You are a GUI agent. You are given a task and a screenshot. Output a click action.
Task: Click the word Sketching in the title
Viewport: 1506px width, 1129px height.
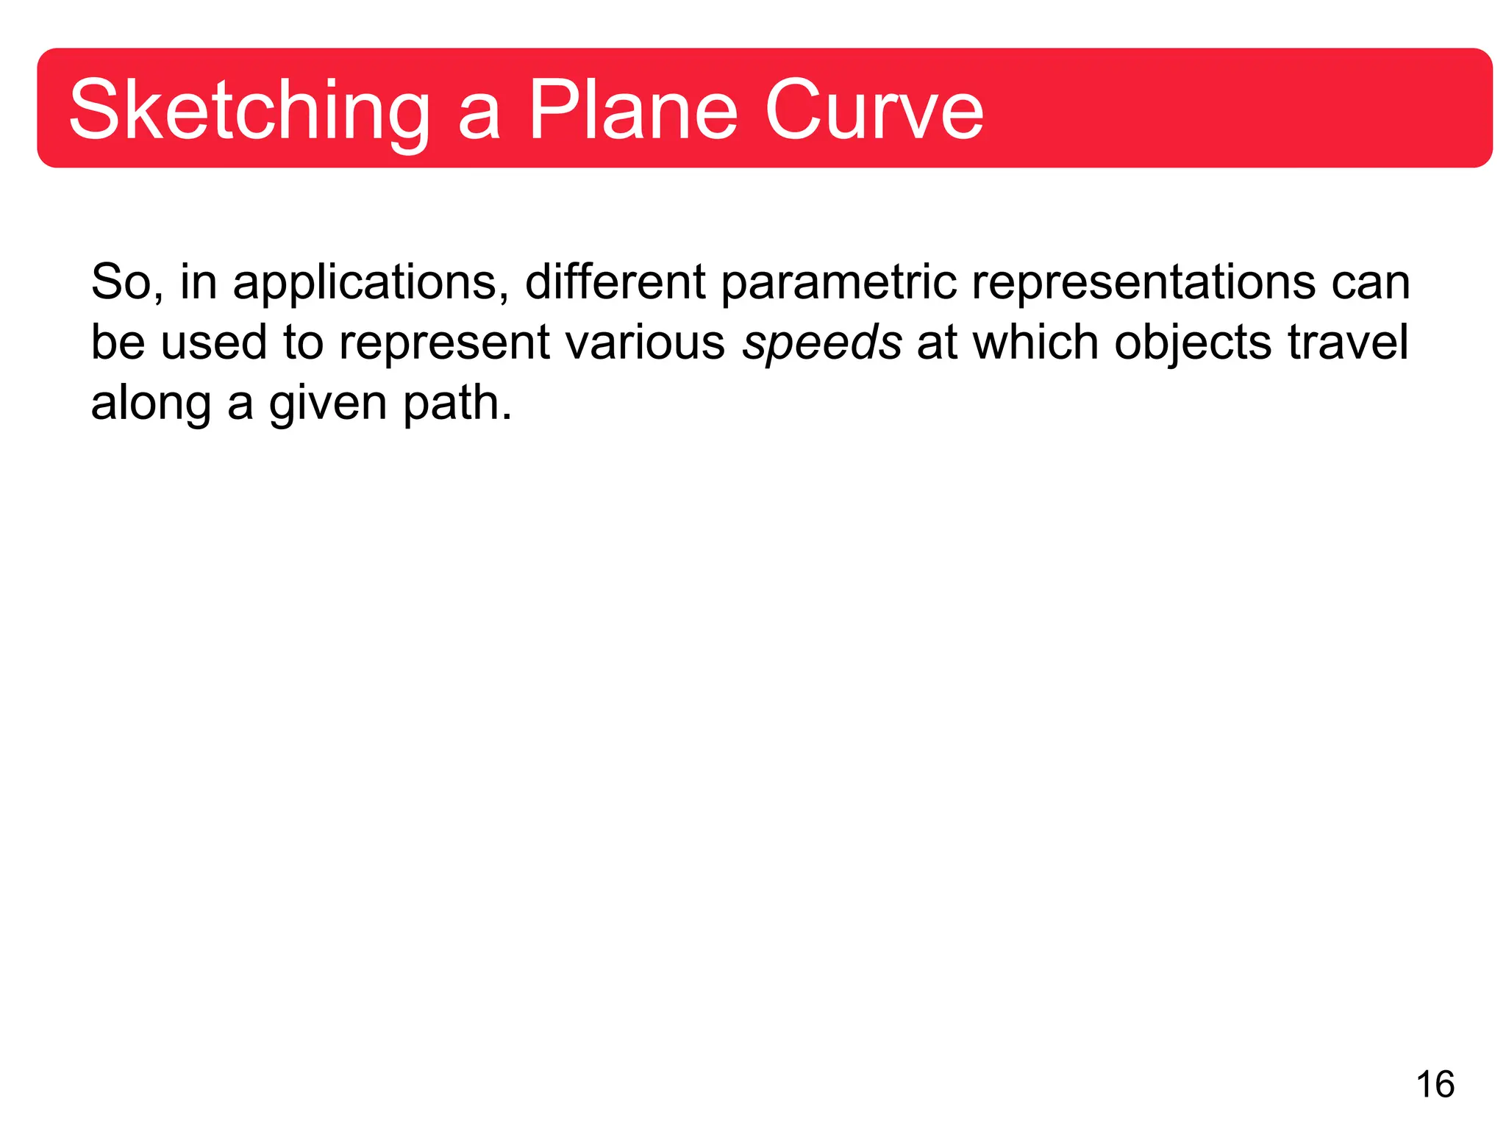[249, 111]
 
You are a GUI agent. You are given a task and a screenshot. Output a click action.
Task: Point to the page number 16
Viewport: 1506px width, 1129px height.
[1435, 1084]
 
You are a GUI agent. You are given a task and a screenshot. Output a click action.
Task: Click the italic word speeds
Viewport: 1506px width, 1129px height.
[821, 343]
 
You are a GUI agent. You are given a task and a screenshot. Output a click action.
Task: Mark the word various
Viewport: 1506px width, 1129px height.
[645, 343]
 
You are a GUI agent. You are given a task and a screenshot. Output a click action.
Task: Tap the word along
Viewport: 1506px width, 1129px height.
[151, 404]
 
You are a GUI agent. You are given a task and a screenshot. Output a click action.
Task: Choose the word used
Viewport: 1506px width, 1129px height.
[213, 344]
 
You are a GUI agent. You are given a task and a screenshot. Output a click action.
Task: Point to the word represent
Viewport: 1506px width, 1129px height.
[443, 344]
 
